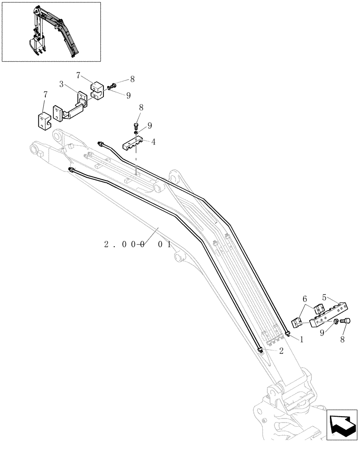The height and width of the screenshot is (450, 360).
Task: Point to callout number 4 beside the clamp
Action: [153, 142]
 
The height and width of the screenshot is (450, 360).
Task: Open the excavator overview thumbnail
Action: [51, 31]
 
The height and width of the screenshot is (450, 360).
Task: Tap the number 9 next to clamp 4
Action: [150, 126]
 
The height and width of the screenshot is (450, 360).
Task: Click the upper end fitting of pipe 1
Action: [101, 144]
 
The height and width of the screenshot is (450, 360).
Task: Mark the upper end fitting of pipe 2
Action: [71, 169]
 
